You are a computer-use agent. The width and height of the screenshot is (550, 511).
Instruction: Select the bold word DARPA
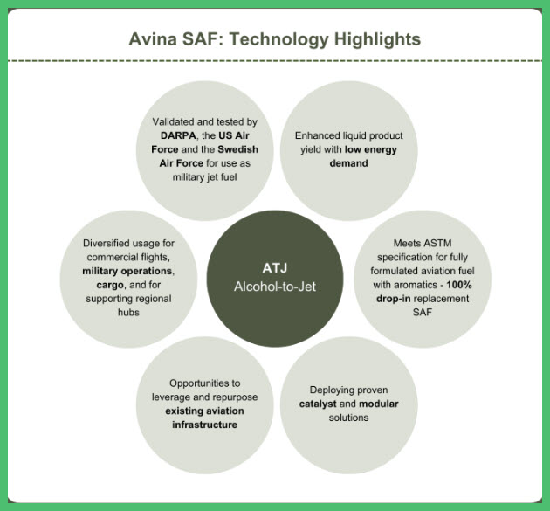coord(179,135)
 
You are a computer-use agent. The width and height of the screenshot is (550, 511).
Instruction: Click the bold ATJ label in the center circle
coord(275,268)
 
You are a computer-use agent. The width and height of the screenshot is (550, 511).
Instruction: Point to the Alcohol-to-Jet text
coord(275,287)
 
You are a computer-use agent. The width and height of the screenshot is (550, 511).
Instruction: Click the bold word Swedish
coord(237,149)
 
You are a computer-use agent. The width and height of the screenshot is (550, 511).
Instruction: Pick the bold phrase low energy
coord(371,150)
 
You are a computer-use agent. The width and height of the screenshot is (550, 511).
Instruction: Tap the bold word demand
coord(348,163)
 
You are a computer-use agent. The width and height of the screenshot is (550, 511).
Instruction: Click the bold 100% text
coord(459,285)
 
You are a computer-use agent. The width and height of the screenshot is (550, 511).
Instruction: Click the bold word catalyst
coord(318,404)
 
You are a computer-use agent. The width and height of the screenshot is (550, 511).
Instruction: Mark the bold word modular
coord(379,404)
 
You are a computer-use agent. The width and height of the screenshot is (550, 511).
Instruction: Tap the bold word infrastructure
coord(204,425)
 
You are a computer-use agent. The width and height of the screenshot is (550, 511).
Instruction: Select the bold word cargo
coord(110,285)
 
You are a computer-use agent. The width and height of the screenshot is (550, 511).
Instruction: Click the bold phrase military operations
coord(127,271)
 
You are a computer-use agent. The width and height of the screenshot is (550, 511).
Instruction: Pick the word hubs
coord(128,313)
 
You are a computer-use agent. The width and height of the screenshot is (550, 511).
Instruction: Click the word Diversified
coord(104,243)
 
